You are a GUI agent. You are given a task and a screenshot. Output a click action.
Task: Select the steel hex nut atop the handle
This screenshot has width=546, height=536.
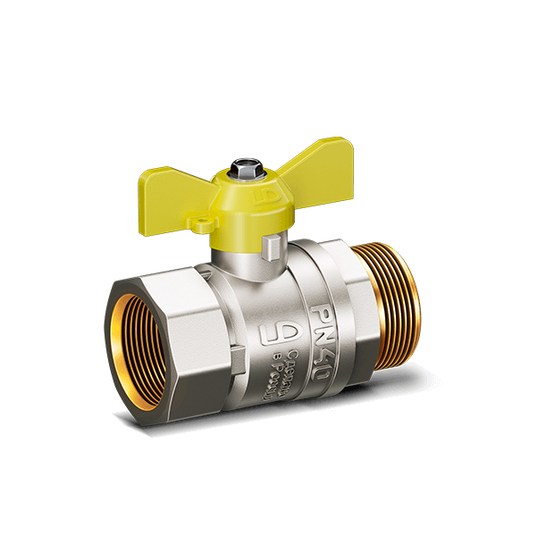point(241,167)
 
